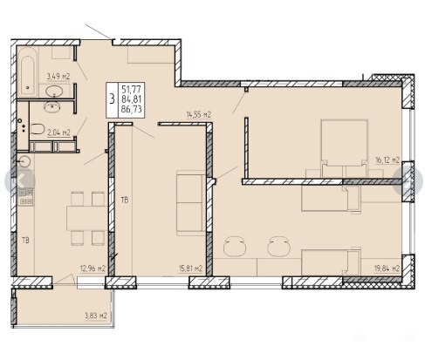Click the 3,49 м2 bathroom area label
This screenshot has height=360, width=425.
(x=58, y=77)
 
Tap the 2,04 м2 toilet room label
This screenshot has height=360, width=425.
(x=58, y=132)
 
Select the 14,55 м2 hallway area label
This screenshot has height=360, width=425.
(x=199, y=114)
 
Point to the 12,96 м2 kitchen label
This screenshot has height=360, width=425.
(x=93, y=268)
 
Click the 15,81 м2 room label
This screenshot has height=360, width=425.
(x=190, y=268)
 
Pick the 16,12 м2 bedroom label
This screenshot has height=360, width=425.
(x=387, y=160)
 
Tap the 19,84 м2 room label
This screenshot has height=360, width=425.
(x=387, y=268)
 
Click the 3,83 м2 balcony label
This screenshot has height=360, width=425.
(x=96, y=316)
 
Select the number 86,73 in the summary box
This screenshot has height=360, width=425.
(x=132, y=109)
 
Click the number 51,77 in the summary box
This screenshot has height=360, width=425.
(x=132, y=89)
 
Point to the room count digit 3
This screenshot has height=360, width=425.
(x=112, y=99)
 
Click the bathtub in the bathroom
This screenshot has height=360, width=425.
(x=28, y=71)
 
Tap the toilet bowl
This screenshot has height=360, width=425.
(x=38, y=129)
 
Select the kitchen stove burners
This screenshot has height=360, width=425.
(x=26, y=197)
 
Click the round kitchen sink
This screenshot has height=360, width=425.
(x=24, y=161)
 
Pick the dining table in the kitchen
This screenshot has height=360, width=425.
(x=86, y=218)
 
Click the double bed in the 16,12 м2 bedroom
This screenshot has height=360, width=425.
(x=344, y=148)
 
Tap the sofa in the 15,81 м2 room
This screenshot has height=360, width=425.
(x=191, y=203)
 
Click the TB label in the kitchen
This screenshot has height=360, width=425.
(x=25, y=241)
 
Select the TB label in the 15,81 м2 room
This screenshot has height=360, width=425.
(x=125, y=200)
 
